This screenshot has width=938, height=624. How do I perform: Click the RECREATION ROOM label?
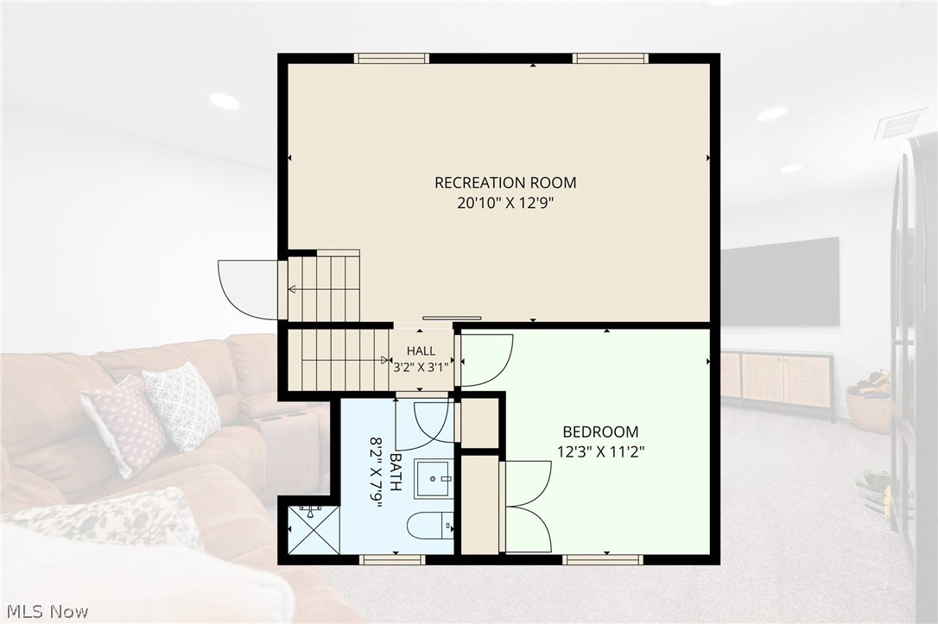505,182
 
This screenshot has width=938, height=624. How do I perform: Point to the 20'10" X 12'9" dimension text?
505,203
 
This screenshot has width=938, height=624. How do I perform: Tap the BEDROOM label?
600,432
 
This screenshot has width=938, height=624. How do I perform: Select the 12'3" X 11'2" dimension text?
600,452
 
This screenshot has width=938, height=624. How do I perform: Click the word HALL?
421,351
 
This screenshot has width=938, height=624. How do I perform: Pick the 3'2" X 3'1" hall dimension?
421,368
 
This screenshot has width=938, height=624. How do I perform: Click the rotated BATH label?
396,471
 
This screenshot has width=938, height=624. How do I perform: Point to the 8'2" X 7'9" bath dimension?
377,473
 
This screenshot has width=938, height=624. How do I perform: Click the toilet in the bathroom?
430,526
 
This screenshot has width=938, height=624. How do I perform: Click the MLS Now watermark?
48,611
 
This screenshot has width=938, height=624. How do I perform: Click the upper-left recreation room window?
392,58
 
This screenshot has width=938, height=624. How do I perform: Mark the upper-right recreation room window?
611,58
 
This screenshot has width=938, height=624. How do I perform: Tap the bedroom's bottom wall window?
603,560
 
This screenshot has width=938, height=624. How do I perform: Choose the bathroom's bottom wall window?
392,560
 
